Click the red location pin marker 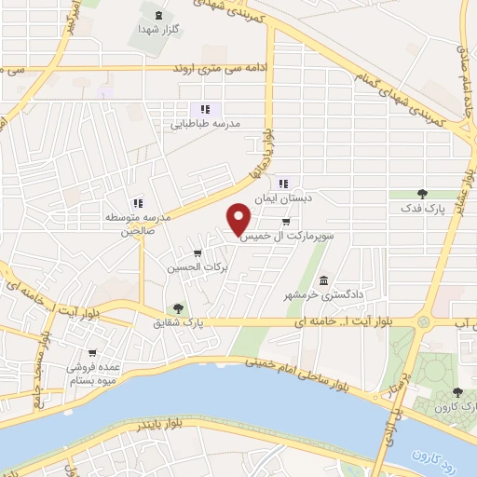239,219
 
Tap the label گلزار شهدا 157,30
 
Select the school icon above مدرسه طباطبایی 205,109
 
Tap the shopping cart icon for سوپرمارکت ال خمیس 285,222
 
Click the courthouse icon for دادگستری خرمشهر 322,281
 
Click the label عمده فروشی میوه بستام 92,374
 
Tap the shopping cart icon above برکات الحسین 197,253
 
